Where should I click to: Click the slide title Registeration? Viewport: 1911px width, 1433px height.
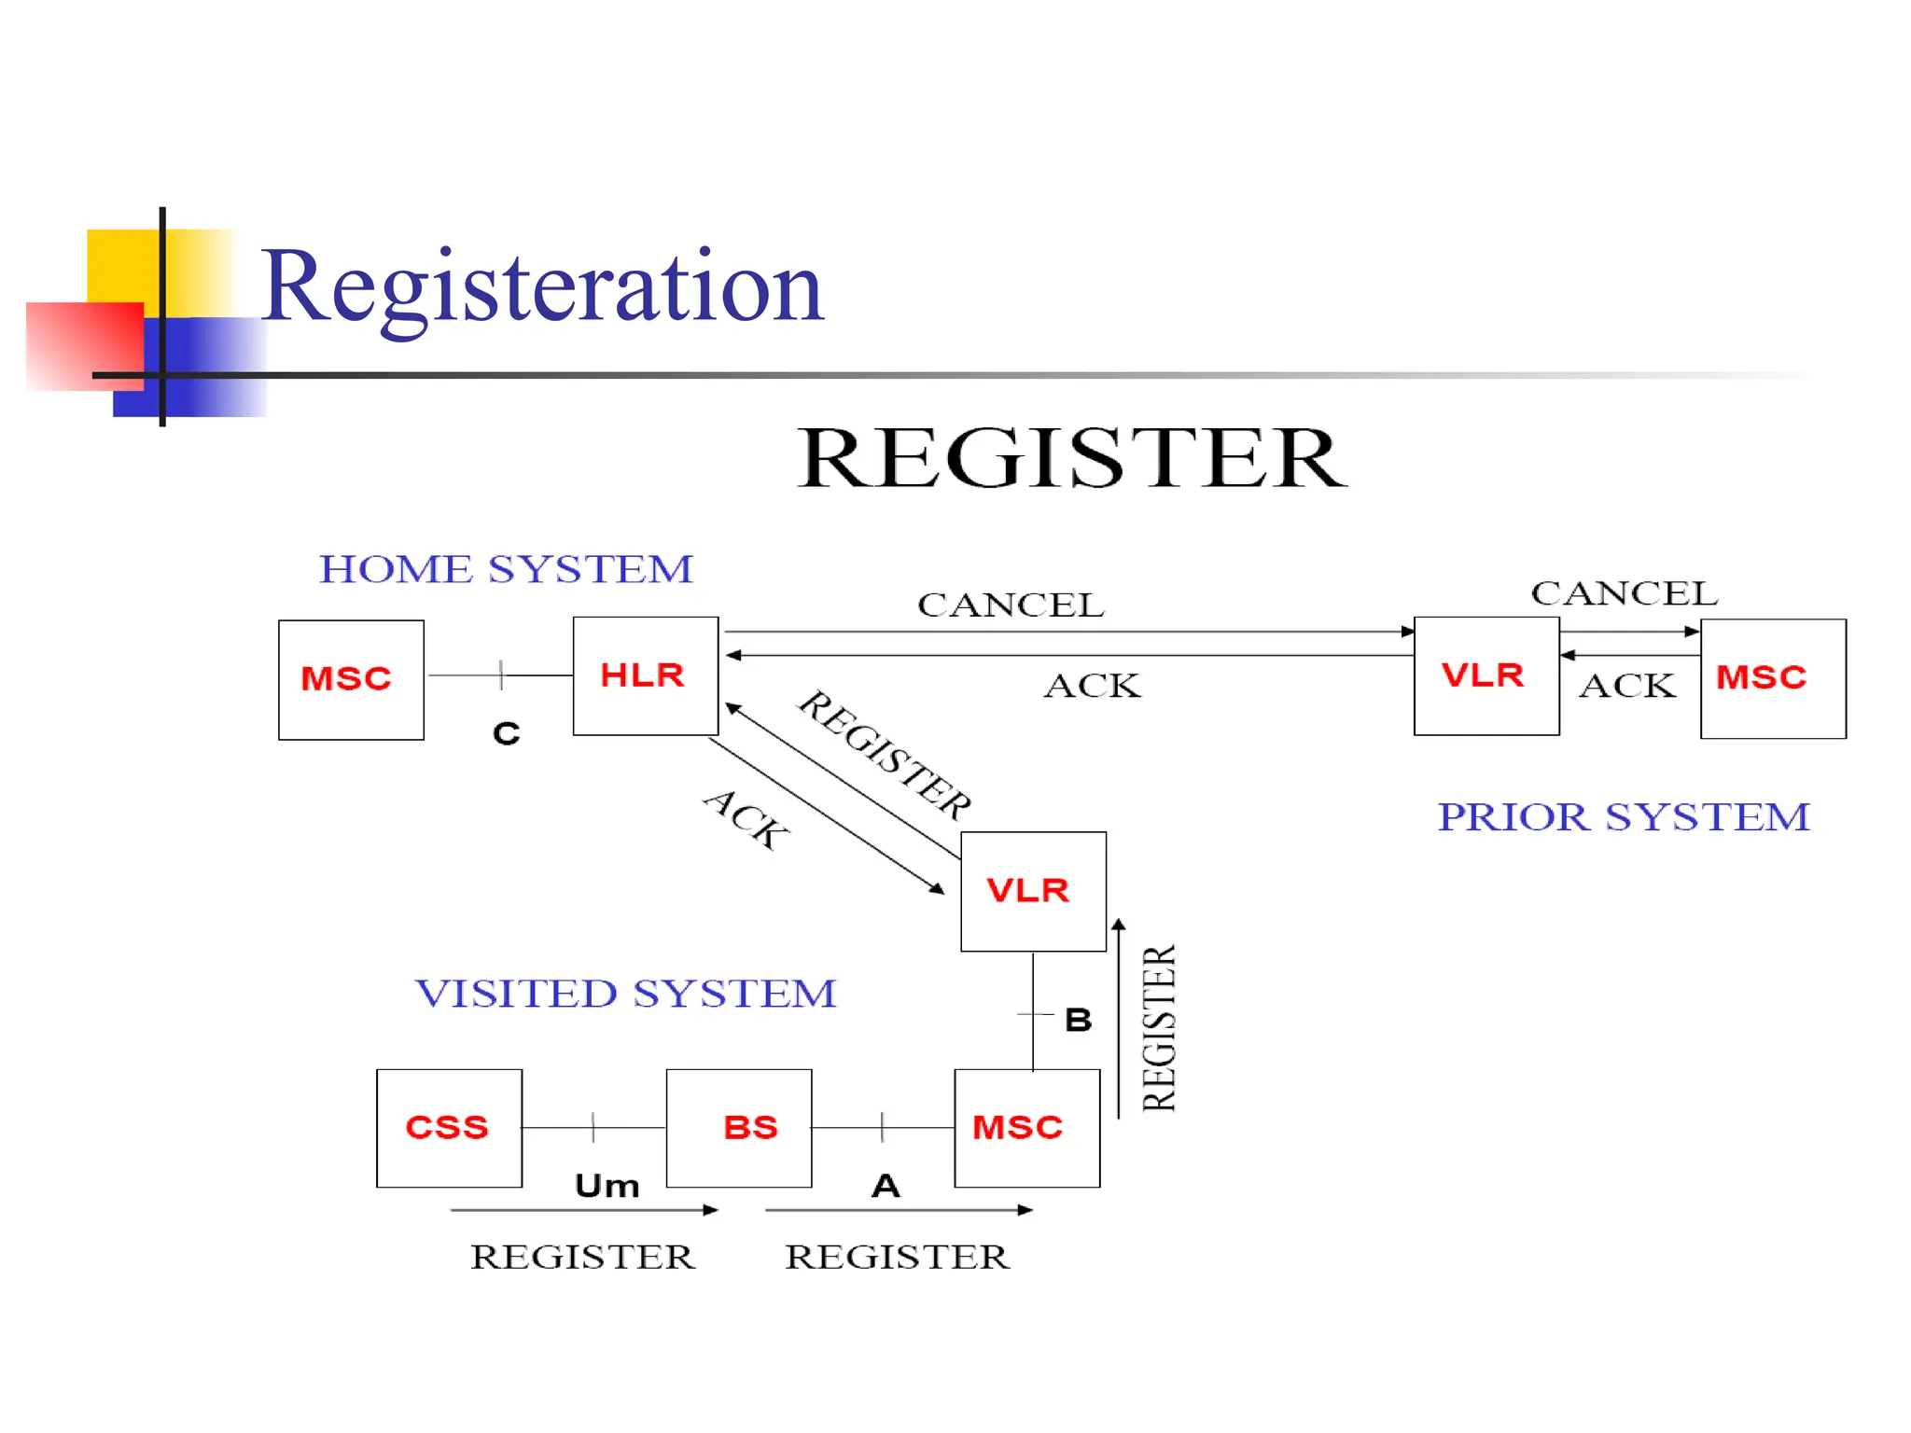click(541, 287)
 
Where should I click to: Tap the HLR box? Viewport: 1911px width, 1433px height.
click(645, 675)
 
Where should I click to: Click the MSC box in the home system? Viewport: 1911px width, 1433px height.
click(351, 679)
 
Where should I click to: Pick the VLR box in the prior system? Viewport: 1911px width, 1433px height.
click(1486, 675)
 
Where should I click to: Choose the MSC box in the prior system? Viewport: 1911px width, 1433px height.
click(1772, 678)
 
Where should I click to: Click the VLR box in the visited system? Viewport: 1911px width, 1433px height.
click(1032, 891)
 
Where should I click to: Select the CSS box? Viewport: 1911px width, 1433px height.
click(449, 1128)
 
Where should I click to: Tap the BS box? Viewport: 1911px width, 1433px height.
click(739, 1128)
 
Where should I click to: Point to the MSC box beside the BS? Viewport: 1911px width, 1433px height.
click(1026, 1128)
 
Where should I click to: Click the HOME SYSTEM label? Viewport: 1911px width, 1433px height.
click(506, 569)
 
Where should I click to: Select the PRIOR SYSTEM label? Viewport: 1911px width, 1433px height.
click(1623, 817)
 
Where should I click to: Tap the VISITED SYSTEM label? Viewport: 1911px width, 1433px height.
click(625, 994)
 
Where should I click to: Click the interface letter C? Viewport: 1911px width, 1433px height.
click(506, 734)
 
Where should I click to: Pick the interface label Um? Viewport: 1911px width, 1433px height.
click(607, 1186)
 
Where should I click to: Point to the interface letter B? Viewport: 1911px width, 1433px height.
click(1078, 1020)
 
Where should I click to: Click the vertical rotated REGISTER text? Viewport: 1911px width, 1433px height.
click(1159, 1028)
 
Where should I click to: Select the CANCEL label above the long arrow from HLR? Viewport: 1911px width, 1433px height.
click(1011, 605)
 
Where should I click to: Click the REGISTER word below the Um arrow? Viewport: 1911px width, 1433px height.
click(582, 1257)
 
